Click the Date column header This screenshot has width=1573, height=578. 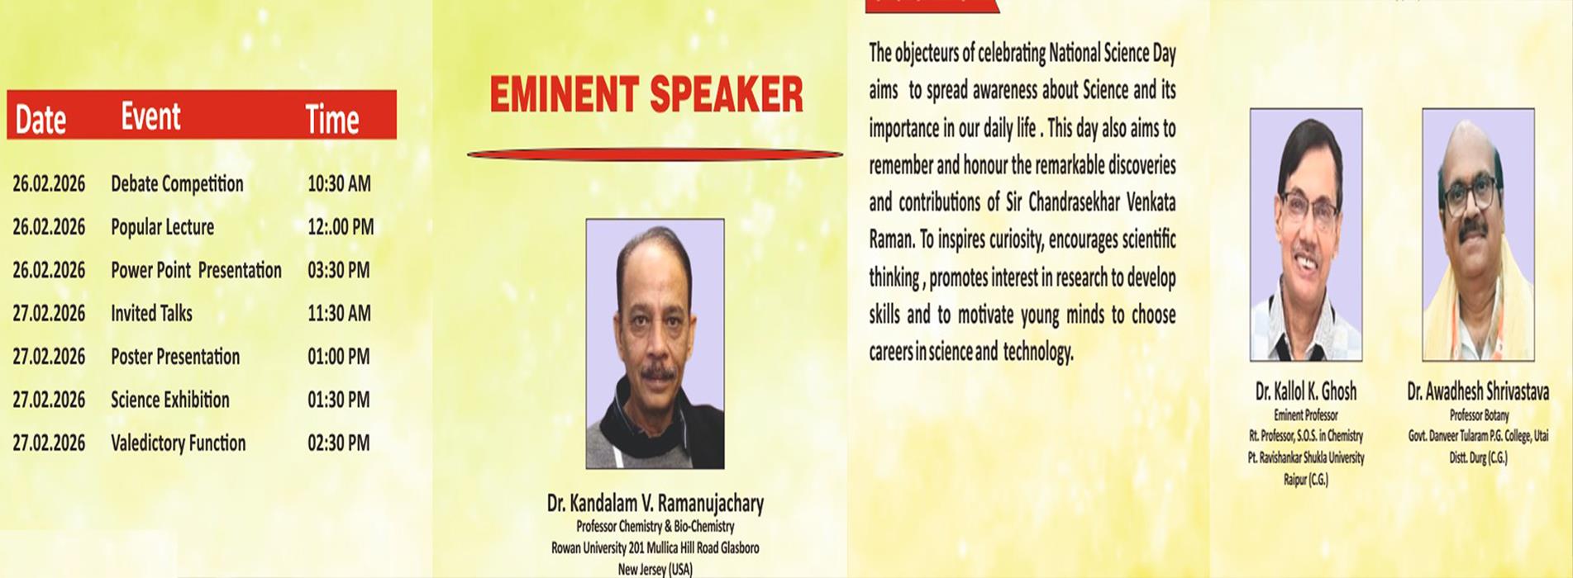click(x=41, y=119)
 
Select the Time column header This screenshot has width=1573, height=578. click(x=332, y=119)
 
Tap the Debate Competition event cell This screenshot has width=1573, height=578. click(x=177, y=184)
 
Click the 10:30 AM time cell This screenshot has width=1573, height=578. click(x=339, y=184)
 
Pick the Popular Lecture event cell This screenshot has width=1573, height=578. click(x=162, y=227)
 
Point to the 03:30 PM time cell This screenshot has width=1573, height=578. click(x=339, y=270)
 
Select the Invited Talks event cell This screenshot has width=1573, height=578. click(x=151, y=314)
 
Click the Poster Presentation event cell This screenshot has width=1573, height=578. click(x=175, y=357)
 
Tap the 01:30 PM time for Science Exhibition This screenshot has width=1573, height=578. click(x=339, y=400)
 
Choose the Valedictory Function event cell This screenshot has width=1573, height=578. click(x=178, y=443)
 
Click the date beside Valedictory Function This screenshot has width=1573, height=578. click(x=49, y=443)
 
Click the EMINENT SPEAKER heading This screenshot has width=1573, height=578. click(x=646, y=94)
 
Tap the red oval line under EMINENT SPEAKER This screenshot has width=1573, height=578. click(x=655, y=154)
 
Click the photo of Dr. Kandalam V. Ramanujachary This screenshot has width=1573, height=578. click(x=655, y=343)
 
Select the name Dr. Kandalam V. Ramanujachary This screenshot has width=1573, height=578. click(x=655, y=503)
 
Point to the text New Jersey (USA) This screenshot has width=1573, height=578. click(x=655, y=569)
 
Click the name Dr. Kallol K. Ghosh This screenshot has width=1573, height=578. click(x=1305, y=391)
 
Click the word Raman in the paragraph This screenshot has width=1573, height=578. click(x=890, y=240)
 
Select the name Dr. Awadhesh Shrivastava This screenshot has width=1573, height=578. click(x=1478, y=391)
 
